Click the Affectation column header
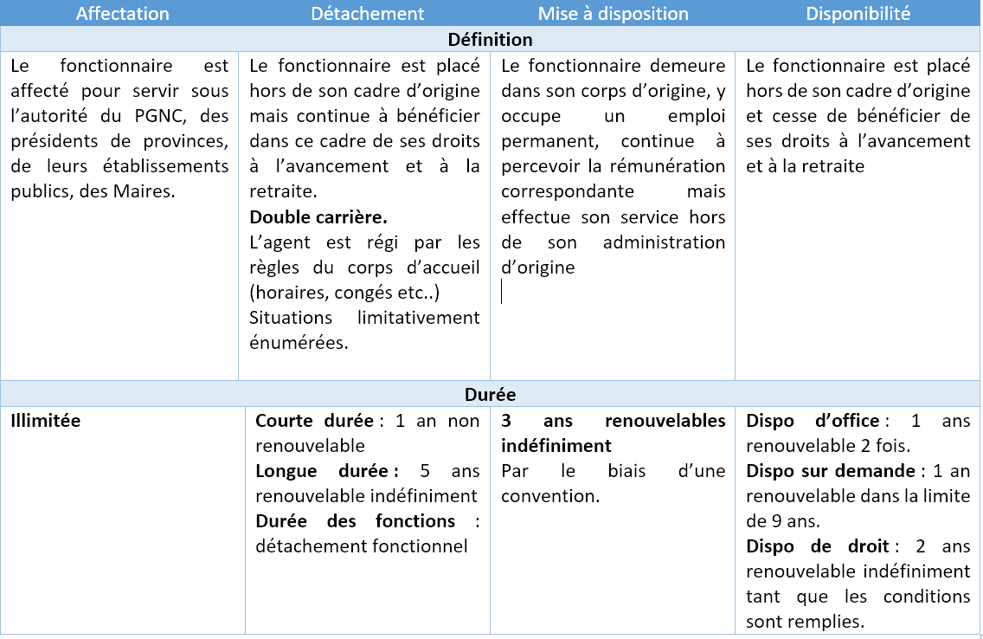pyautogui.click(x=123, y=14)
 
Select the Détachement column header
pyautogui.click(x=368, y=14)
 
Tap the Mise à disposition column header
pyautogui.click(x=613, y=14)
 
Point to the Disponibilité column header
pyautogui.click(x=858, y=14)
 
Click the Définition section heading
pyautogui.click(x=491, y=40)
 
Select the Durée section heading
pyautogui.click(x=491, y=395)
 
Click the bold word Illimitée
pyautogui.click(x=46, y=421)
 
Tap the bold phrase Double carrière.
pyautogui.click(x=318, y=216)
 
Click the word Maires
pyautogui.click(x=147, y=191)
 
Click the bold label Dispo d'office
pyautogui.click(x=812, y=421)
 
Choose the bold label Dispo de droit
pyautogui.click(x=817, y=546)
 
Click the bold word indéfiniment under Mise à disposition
pyautogui.click(x=556, y=446)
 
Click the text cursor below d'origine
pyautogui.click(x=503, y=292)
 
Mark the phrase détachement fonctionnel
pyautogui.click(x=362, y=546)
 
